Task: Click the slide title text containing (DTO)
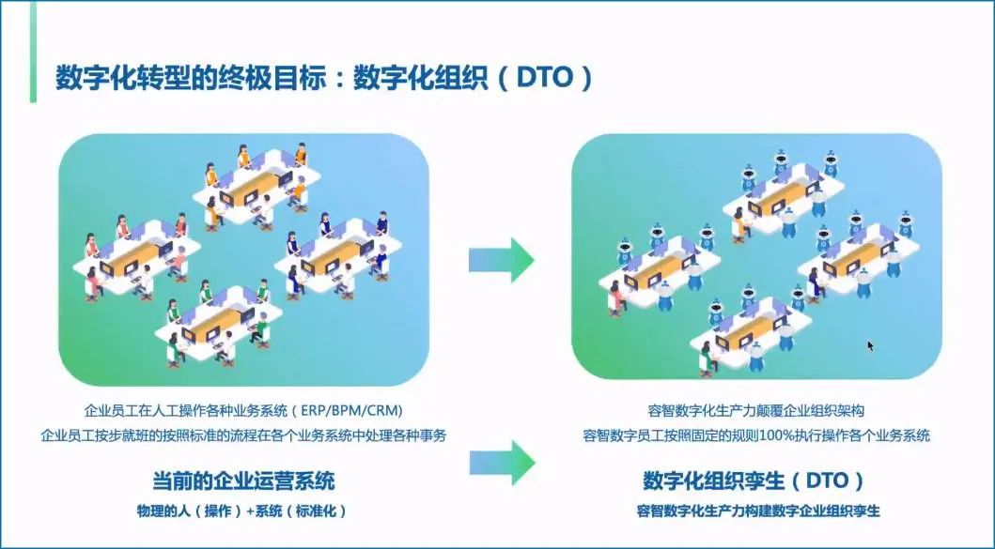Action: pos(324,77)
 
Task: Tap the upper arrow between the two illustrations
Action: pos(501,258)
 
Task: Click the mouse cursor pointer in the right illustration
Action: pos(870,345)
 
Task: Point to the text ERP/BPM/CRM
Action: pos(360,410)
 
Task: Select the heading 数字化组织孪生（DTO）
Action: pos(754,481)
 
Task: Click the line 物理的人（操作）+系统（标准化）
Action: pos(243,511)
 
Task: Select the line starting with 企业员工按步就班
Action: pos(243,435)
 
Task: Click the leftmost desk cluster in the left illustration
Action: pos(132,258)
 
